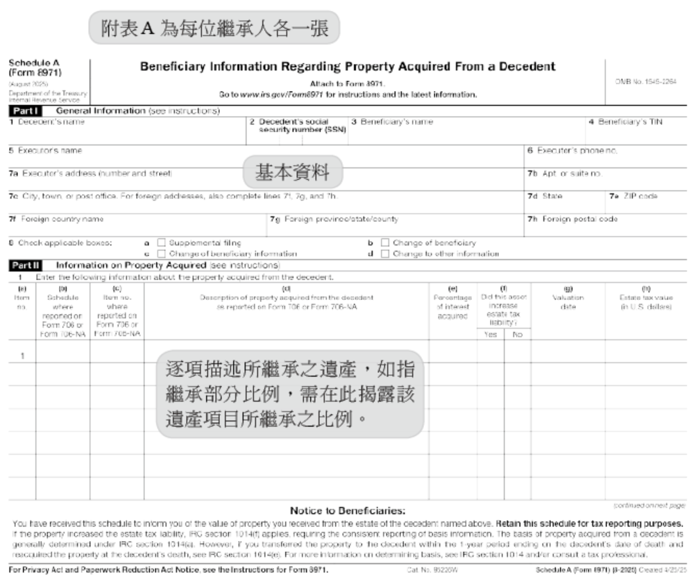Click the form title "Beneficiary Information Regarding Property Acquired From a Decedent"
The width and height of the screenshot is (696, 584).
[347, 67]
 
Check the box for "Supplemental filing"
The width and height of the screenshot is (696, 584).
[161, 243]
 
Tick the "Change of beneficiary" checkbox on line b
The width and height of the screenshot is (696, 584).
[385, 243]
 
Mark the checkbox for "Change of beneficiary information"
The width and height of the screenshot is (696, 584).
[161, 253]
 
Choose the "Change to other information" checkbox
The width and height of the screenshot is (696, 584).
[385, 253]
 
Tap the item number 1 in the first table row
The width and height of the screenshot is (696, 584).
[23, 356]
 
